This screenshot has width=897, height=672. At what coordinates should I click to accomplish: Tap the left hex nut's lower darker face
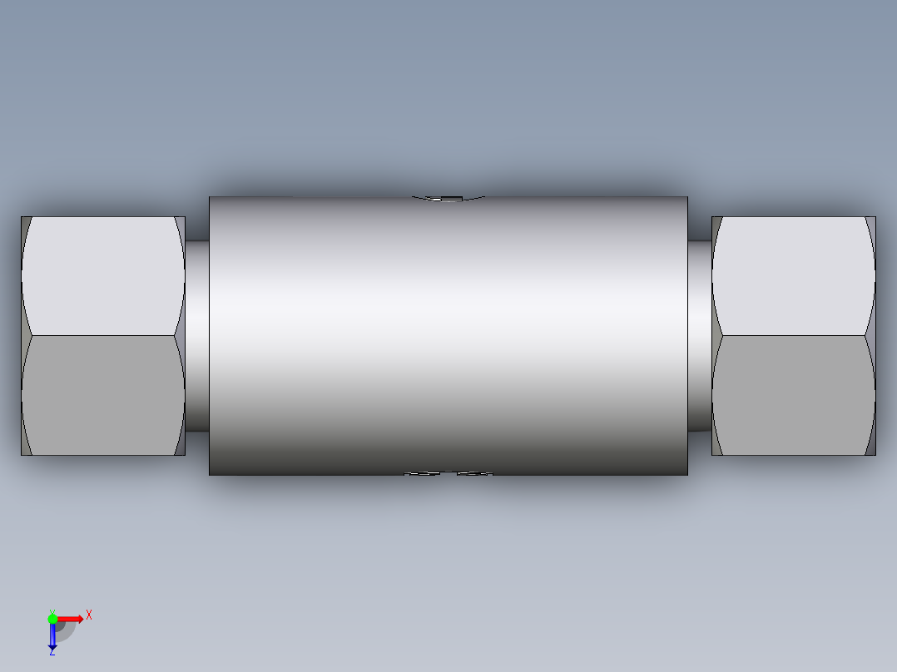(102, 395)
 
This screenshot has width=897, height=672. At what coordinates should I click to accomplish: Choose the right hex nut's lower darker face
(793, 395)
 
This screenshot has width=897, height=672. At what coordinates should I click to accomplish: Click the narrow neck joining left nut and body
(197, 336)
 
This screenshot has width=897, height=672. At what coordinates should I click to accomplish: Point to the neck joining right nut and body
(699, 336)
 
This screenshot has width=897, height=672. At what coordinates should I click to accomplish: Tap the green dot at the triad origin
(52, 618)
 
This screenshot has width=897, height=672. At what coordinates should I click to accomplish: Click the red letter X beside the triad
(88, 615)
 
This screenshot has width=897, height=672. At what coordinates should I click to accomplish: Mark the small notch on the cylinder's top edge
(448, 198)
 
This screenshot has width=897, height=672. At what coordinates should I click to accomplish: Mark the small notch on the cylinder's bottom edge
(448, 474)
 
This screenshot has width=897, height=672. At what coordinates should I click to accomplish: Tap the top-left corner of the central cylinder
(210, 197)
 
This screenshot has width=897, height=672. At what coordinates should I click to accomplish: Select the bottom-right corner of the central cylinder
(687, 475)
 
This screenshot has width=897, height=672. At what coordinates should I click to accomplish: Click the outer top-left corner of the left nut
(22, 217)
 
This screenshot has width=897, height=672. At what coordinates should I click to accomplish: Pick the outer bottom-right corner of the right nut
(875, 455)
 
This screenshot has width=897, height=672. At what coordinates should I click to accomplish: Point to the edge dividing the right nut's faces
(793, 336)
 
